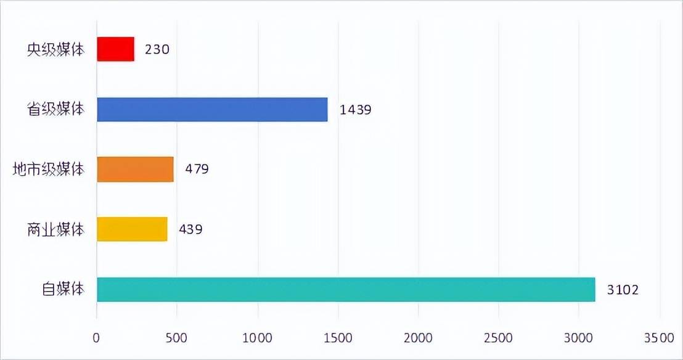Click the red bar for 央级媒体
tap(116, 49)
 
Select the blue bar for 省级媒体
tap(212, 109)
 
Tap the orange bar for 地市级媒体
tap(135, 170)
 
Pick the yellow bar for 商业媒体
tap(132, 229)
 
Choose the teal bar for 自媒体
tap(346, 289)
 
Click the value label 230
tap(157, 49)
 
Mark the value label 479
tap(197, 169)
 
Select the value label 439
tap(190, 229)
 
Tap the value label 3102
tap(623, 289)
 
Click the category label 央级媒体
tap(55, 49)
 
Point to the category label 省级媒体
tap(55, 109)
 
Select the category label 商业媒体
tap(55, 229)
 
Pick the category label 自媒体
tap(62, 289)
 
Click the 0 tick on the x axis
tap(97, 338)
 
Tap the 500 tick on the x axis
tap(177, 338)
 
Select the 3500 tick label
tap(659, 338)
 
